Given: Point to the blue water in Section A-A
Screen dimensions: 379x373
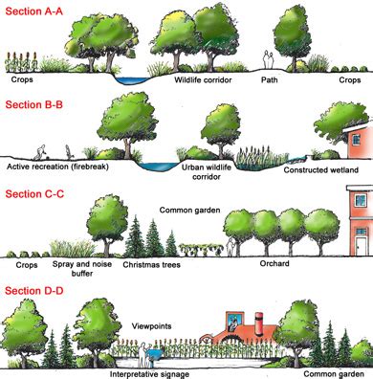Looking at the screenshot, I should (x=127, y=76).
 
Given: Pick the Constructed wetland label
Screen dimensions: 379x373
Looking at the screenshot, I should (x=321, y=170).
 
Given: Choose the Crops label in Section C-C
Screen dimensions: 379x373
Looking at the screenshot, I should (x=27, y=259).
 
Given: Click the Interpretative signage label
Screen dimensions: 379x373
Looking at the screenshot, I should (x=154, y=372).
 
